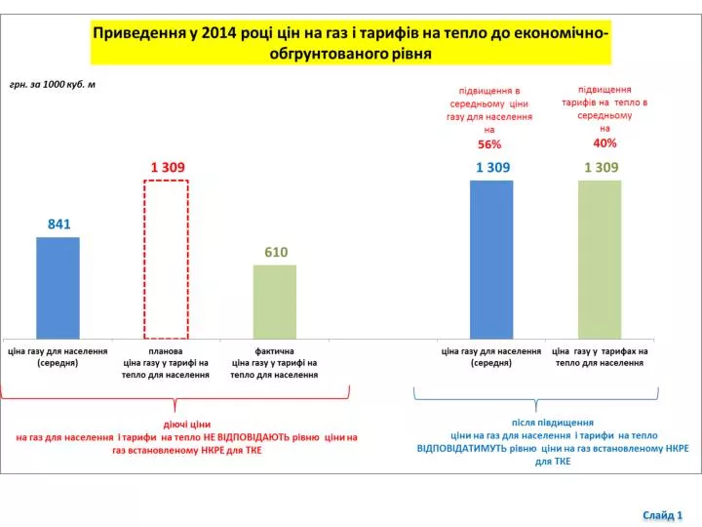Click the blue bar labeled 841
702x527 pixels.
[58, 288]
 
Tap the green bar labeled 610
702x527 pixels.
[275, 302]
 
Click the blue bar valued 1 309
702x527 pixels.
[491, 260]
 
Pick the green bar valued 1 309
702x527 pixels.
[600, 260]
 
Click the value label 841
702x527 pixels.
[59, 224]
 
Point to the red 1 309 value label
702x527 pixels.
[168, 167]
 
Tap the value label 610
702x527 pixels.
[276, 253]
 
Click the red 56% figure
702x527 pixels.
[489, 144]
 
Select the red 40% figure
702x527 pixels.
[604, 142]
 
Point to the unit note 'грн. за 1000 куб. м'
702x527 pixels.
[53, 84]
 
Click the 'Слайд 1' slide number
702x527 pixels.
[663, 515]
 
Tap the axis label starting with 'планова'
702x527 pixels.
[166, 363]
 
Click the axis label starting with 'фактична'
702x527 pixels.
[274, 363]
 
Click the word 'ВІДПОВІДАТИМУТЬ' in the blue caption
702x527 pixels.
[477, 448]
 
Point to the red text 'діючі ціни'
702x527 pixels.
[187, 424]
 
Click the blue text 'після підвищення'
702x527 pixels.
[553, 423]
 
